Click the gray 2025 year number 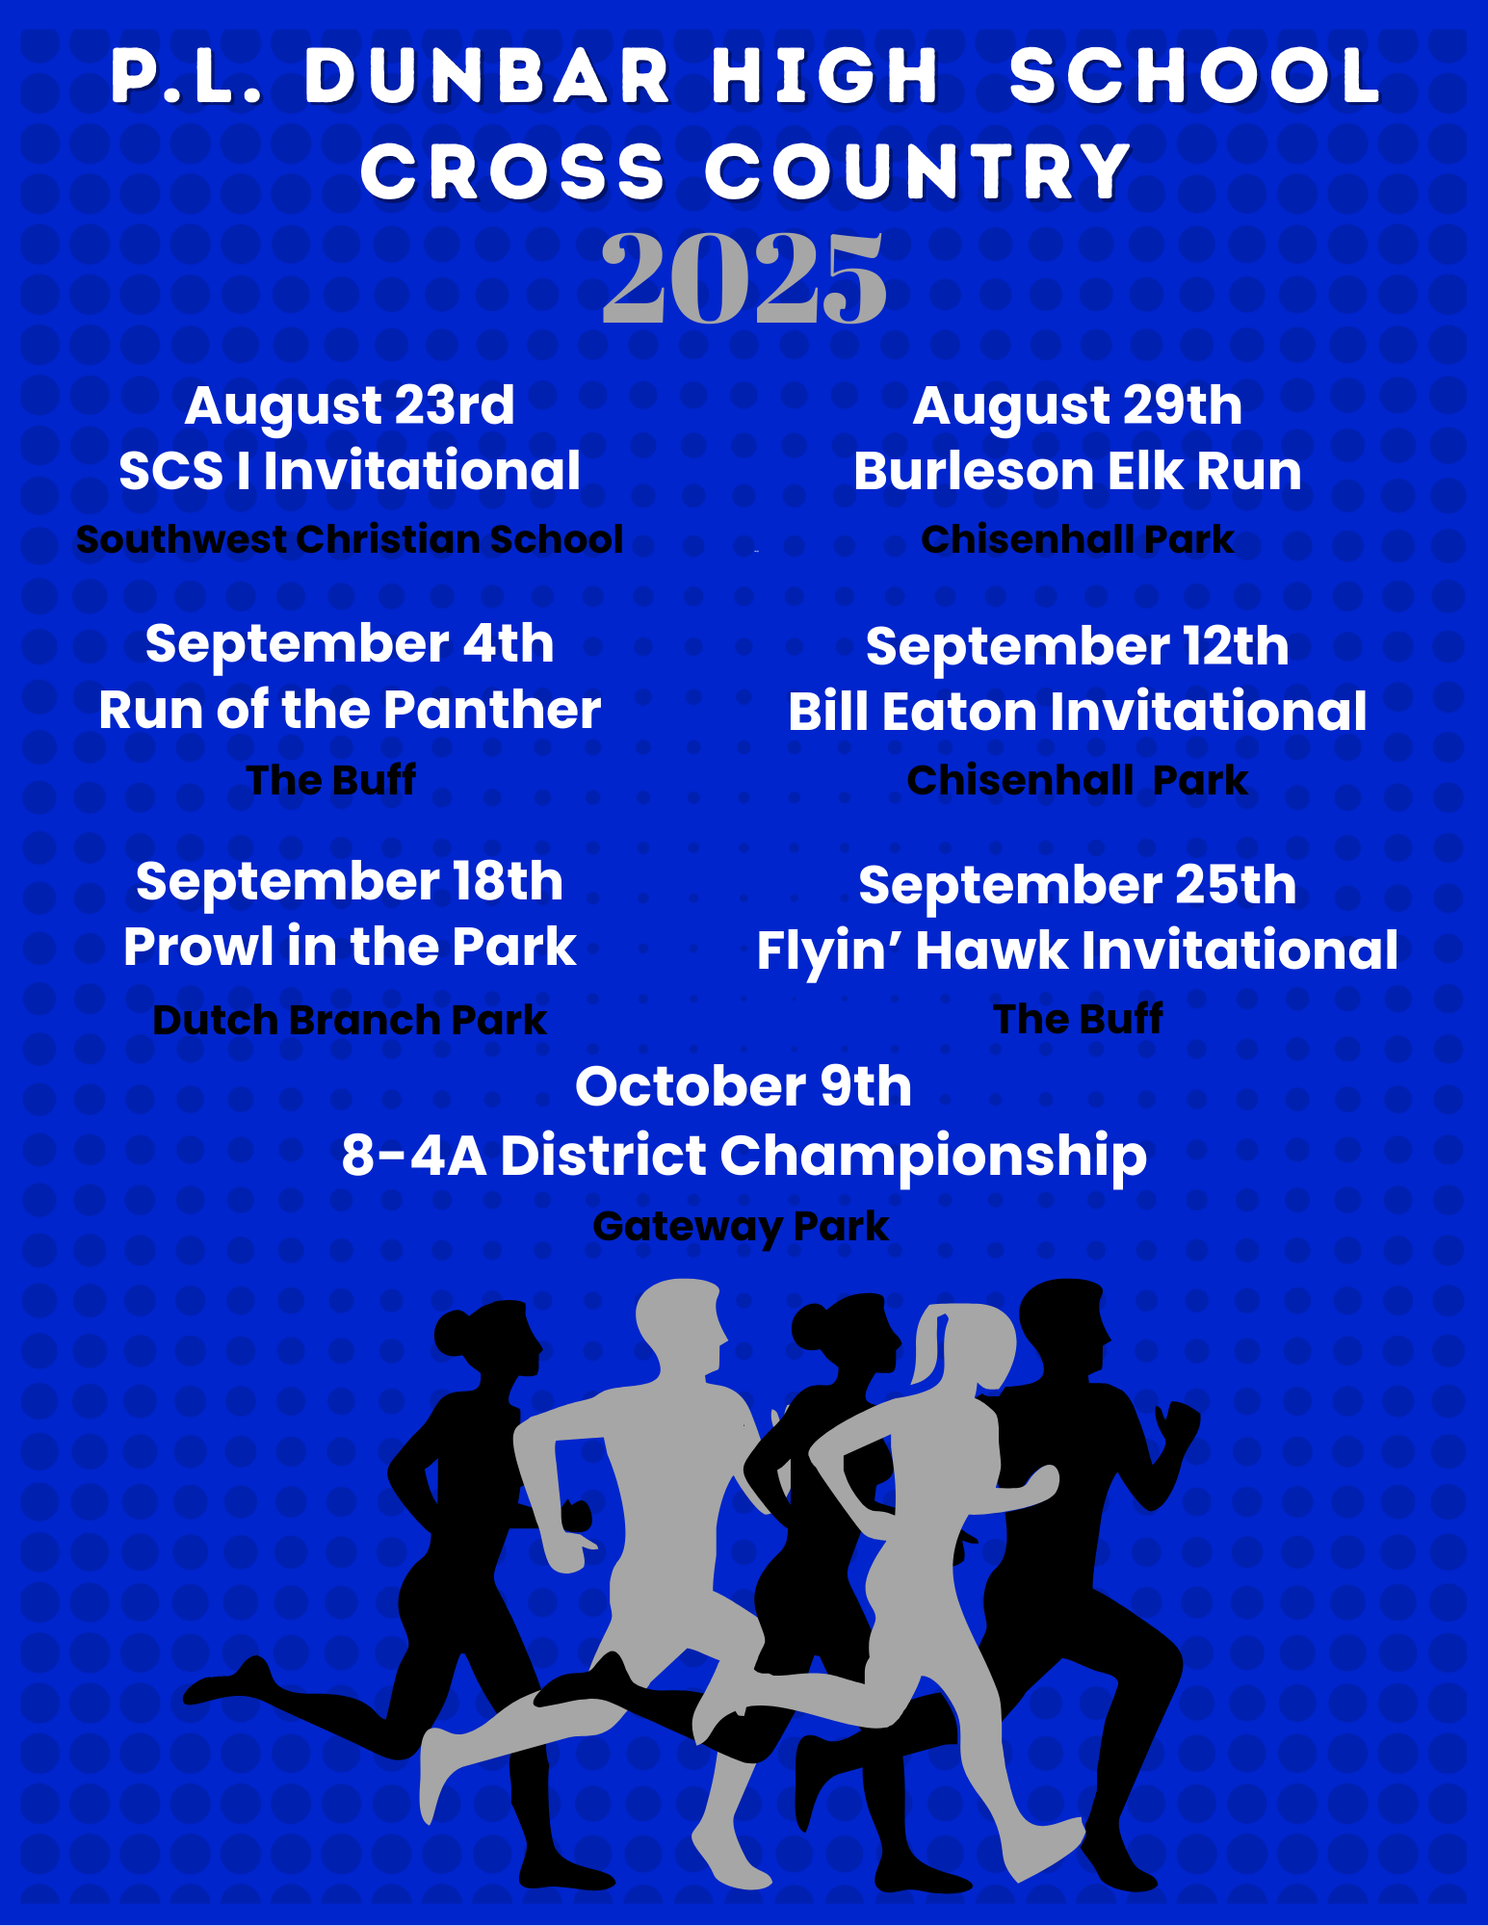click(x=744, y=278)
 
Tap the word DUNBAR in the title click(x=487, y=76)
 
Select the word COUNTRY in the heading click(x=919, y=172)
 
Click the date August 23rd click(x=350, y=406)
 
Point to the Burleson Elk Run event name click(x=1078, y=471)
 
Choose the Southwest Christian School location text click(x=350, y=539)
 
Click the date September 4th click(x=350, y=643)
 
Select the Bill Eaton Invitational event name click(x=1078, y=712)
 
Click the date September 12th click(x=1078, y=646)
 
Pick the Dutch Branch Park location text click(x=350, y=1020)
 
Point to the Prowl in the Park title click(x=350, y=947)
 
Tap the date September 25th click(x=1078, y=885)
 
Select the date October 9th click(x=744, y=1086)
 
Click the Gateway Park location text click(x=741, y=1227)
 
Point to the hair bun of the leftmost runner click(x=452, y=1335)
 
